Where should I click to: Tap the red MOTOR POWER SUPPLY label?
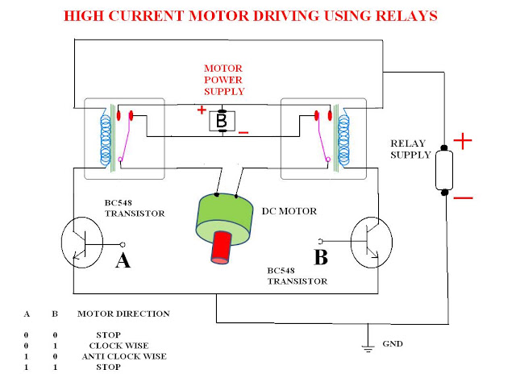click(224, 80)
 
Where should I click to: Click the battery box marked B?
click(223, 121)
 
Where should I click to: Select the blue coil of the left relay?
click(106, 137)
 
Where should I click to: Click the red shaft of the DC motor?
click(221, 247)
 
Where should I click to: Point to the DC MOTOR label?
click(289, 211)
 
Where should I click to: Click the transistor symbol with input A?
click(82, 243)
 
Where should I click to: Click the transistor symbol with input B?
click(372, 243)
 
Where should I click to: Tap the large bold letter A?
click(123, 260)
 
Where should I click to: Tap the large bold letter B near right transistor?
click(321, 257)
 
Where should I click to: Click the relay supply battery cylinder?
click(444, 170)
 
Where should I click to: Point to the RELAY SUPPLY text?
click(410, 149)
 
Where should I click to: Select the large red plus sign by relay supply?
click(463, 141)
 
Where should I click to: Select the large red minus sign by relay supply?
click(464, 198)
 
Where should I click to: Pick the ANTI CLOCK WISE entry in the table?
click(124, 356)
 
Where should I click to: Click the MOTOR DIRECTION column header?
click(123, 313)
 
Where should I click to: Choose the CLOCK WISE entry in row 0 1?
click(119, 346)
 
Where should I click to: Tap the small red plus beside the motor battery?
click(202, 110)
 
